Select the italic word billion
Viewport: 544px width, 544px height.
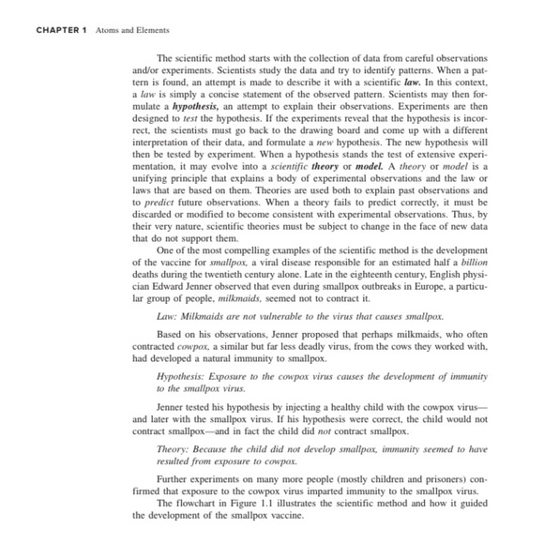click(471, 260)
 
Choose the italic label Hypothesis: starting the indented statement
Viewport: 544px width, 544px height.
click(183, 375)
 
